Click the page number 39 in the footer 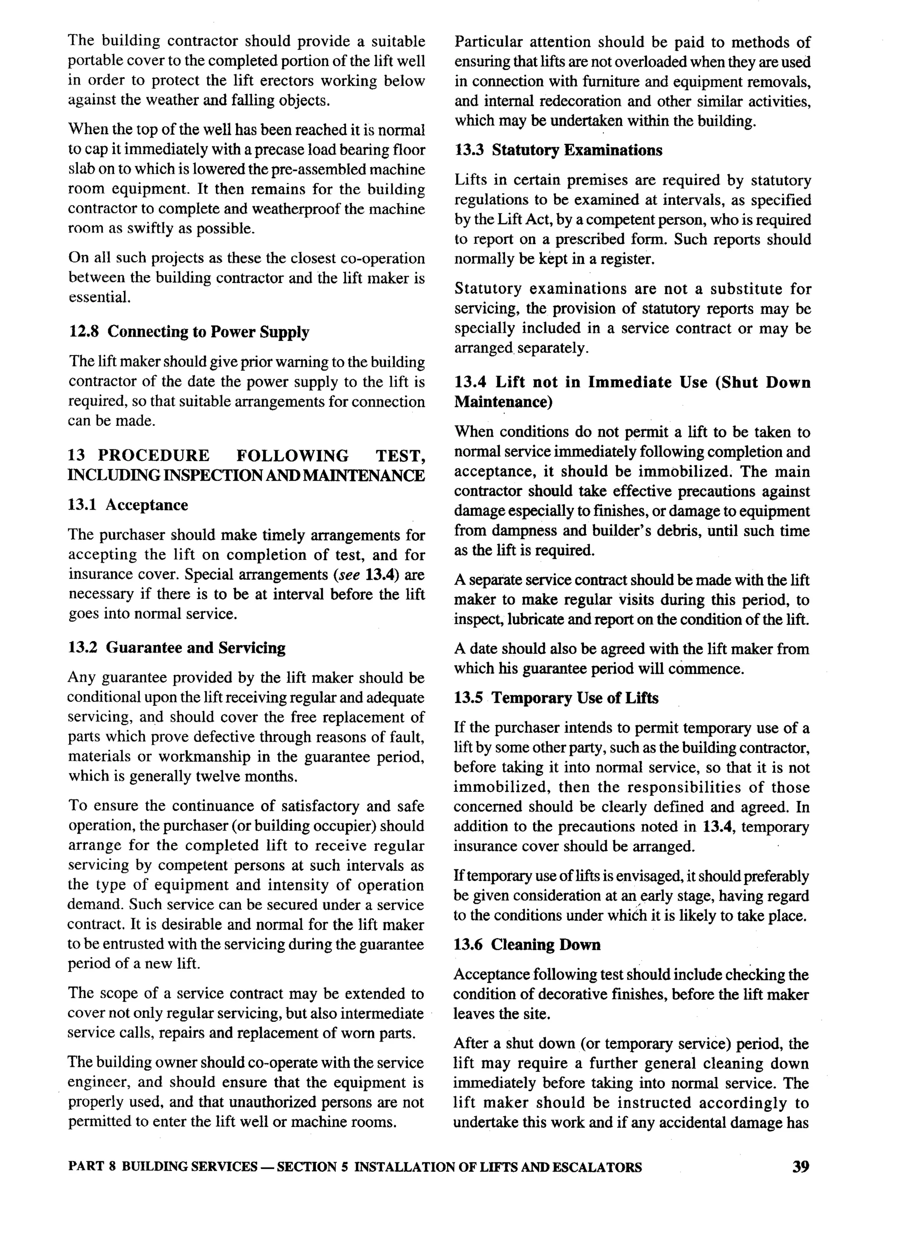(x=801, y=1166)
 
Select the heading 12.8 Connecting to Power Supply (x=189, y=332)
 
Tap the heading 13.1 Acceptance (x=128, y=505)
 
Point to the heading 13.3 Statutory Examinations (x=558, y=150)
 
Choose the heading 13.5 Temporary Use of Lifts (x=556, y=698)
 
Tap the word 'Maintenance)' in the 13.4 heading (x=503, y=402)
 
